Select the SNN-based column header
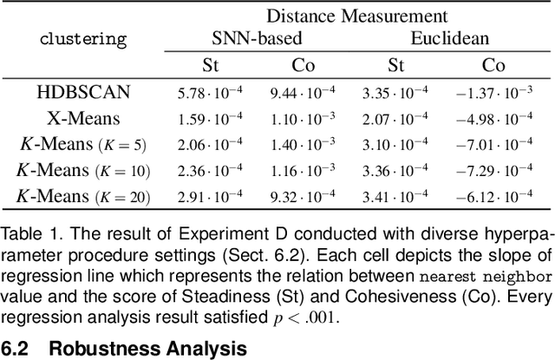[x=258, y=38]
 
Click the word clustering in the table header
[x=83, y=39]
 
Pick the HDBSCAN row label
[x=83, y=92]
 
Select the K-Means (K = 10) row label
[x=83, y=171]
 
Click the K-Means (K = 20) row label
[x=83, y=197]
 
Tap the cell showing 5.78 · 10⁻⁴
[x=212, y=93]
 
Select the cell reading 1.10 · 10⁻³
[x=309, y=119]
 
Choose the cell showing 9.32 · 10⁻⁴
[x=309, y=198]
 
